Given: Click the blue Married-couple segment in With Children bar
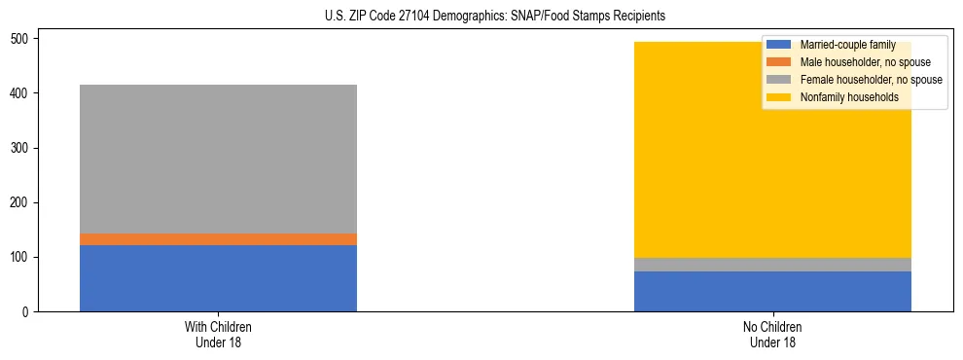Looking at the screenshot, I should click(x=218, y=278).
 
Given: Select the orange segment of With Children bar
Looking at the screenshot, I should click(x=218, y=239).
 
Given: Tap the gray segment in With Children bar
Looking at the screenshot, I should click(x=218, y=159).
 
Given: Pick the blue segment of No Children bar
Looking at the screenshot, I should click(x=772, y=291).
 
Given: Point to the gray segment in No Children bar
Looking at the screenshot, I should click(x=772, y=265).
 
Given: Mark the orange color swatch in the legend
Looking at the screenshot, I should click(x=779, y=62).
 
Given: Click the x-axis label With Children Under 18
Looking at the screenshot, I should click(x=218, y=335).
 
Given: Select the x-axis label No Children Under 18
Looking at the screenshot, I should click(x=772, y=335).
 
